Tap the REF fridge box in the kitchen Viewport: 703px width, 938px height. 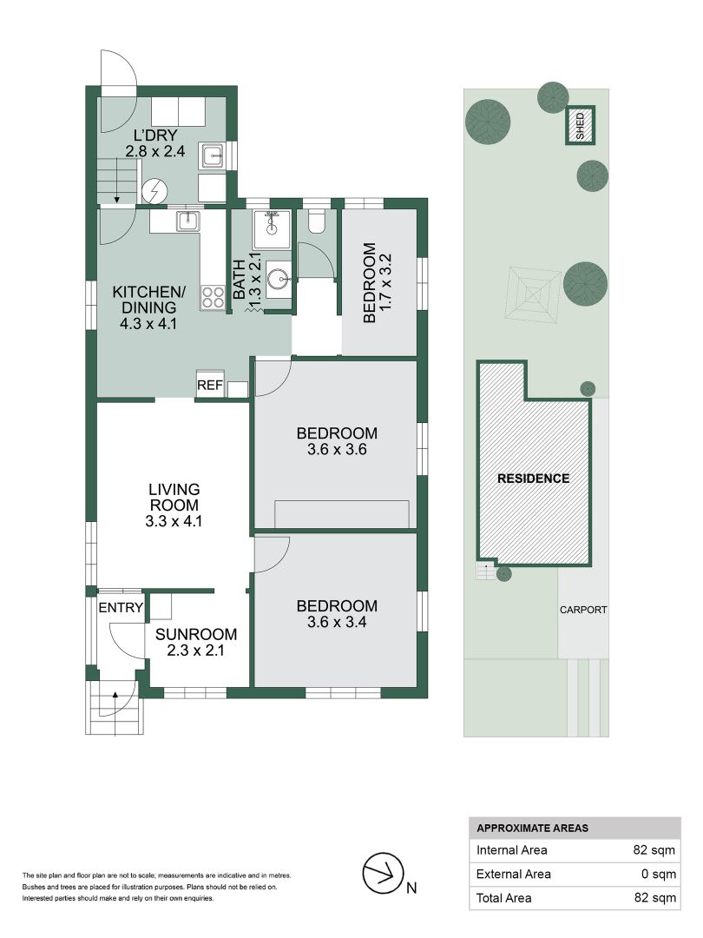click(209, 385)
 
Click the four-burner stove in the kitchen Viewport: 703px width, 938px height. click(214, 298)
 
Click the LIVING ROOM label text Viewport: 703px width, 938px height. click(174, 497)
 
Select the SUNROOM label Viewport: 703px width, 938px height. click(190, 633)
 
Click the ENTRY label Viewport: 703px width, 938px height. click(120, 608)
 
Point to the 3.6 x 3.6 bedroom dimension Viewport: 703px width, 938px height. click(337, 450)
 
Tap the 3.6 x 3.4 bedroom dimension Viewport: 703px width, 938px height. click(337, 622)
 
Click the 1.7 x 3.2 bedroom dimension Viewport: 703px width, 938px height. click(387, 283)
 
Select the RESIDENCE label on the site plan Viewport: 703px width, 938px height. click(533, 479)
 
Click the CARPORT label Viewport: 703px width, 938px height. click(582, 610)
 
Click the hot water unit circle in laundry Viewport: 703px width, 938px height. click(155, 189)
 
